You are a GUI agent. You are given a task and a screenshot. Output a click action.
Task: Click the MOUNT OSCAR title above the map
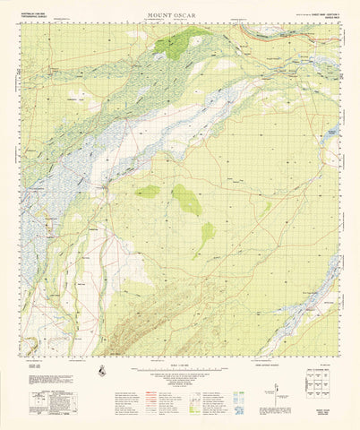click(180, 15)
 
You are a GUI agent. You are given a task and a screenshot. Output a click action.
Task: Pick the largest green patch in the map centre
click(186, 198)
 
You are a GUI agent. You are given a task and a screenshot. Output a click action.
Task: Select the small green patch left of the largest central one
click(148, 191)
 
